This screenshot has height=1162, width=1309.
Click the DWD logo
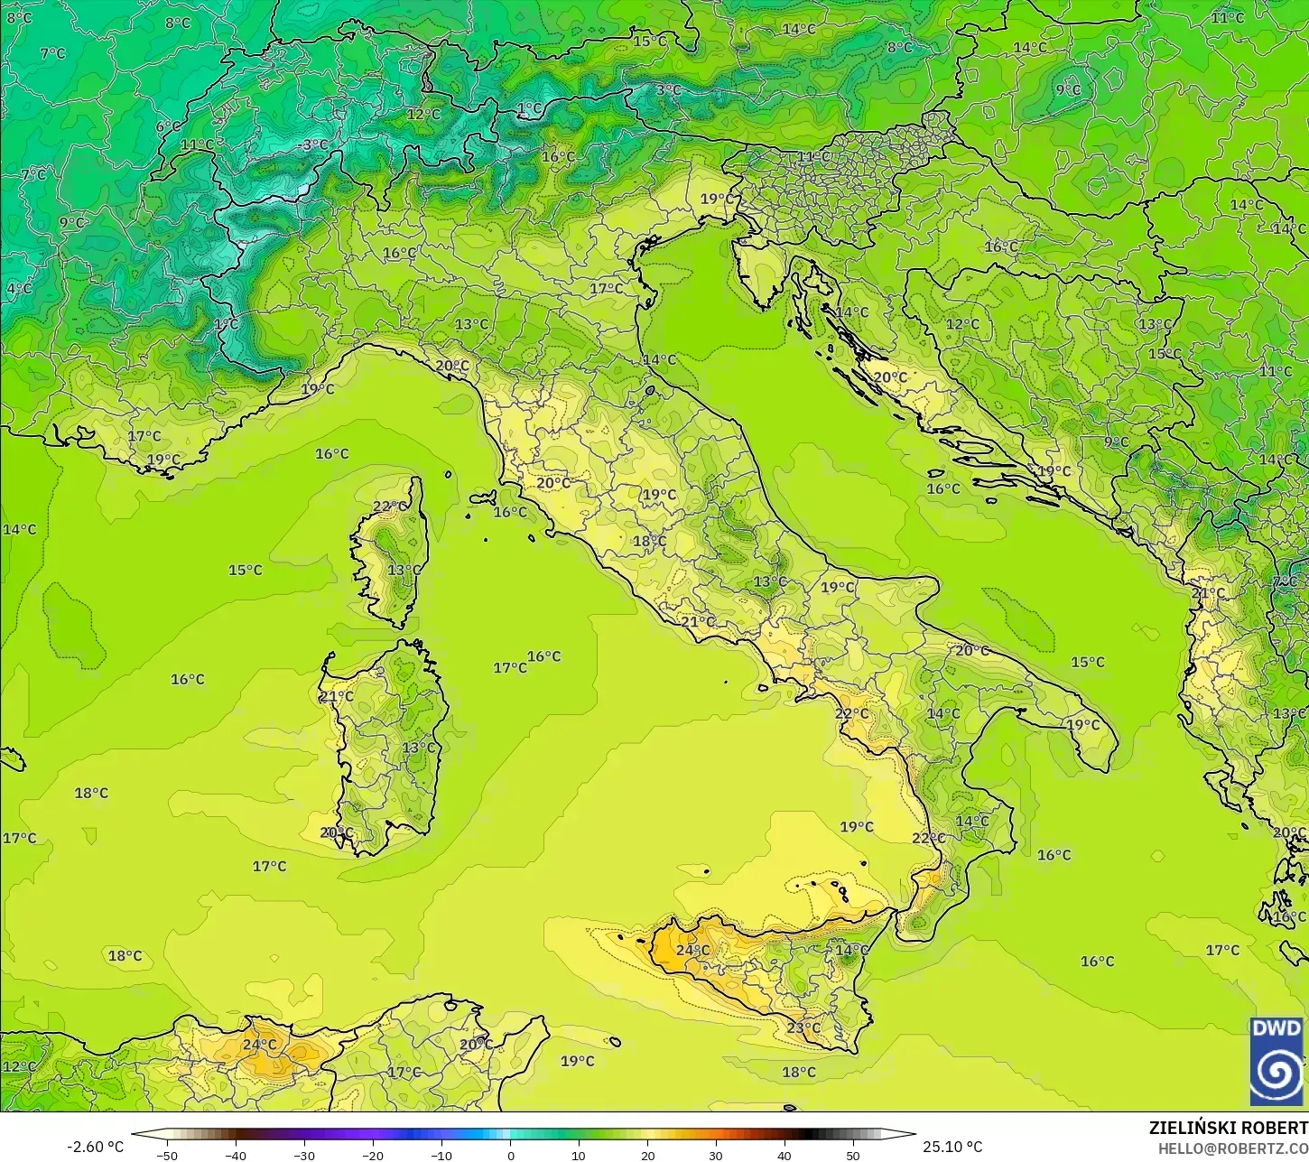pos(1276,1061)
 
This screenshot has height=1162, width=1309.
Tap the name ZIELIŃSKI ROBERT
pos(1228,1128)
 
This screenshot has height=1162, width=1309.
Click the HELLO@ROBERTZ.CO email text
pos(1233,1148)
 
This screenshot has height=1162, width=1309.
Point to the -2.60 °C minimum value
pos(95,1147)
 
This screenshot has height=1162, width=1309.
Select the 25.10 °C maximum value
pos(952,1147)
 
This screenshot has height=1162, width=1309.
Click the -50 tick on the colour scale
pos(167,1155)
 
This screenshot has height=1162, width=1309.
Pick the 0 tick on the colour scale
pos(510,1155)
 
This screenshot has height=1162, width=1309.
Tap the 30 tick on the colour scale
pos(716,1155)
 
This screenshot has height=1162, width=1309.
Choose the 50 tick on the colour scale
pos(853,1155)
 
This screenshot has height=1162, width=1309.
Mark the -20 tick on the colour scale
pos(373,1155)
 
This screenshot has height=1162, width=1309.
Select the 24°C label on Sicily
pos(692,950)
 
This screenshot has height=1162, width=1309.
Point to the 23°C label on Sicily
pos(803,1027)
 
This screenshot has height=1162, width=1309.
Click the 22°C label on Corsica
pos(390,507)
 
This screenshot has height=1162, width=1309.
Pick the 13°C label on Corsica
pos(404,570)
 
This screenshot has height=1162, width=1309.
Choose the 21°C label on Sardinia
pos(336,696)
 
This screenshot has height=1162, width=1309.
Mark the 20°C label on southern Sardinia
pos(336,832)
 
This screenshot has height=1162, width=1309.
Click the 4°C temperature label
pos(19,289)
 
